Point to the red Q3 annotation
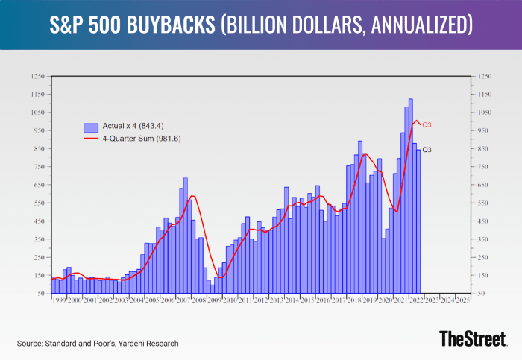click(x=428, y=124)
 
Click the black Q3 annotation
click(x=427, y=151)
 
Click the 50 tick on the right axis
click(x=477, y=294)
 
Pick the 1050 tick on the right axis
click(x=479, y=113)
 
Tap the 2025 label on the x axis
click(x=462, y=300)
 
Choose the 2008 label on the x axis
click(x=198, y=300)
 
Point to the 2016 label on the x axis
click(x=322, y=300)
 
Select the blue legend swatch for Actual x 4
click(x=92, y=127)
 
